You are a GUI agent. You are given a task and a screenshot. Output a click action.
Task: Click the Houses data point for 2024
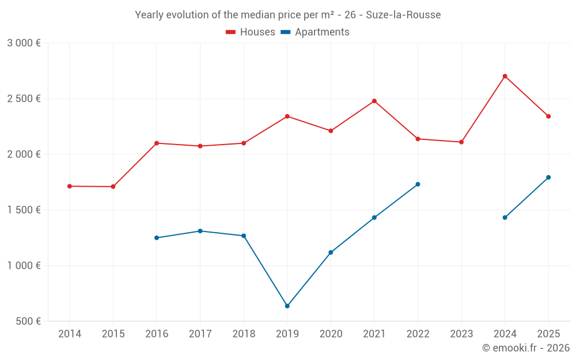click(x=505, y=76)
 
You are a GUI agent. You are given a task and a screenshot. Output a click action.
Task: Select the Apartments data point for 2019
click(x=287, y=306)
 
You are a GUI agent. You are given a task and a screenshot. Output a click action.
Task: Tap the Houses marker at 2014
click(x=69, y=186)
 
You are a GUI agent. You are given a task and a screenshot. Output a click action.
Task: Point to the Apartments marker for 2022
click(x=418, y=184)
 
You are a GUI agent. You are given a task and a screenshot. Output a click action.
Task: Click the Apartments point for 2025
click(x=548, y=177)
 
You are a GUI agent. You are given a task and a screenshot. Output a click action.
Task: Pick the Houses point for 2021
click(x=374, y=101)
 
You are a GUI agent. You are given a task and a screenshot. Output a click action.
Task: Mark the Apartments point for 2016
click(x=156, y=238)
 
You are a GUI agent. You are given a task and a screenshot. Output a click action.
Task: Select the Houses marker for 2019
click(x=287, y=116)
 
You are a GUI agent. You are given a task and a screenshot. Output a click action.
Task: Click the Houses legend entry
click(x=251, y=32)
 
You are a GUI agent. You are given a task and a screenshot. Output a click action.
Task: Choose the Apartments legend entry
click(x=315, y=32)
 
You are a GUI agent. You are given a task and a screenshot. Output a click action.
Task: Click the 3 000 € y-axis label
click(x=24, y=43)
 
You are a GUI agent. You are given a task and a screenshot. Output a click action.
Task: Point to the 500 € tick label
click(x=27, y=321)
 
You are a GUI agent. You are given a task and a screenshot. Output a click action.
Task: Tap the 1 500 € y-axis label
click(x=24, y=210)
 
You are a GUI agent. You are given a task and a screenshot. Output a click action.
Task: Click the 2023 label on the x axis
click(x=461, y=334)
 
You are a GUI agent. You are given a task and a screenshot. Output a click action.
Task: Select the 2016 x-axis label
click(x=156, y=334)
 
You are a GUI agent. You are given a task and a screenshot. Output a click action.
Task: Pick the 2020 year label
click(x=331, y=334)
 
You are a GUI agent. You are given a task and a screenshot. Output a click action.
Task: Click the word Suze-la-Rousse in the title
click(x=403, y=15)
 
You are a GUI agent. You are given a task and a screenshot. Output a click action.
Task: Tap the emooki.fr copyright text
click(x=525, y=348)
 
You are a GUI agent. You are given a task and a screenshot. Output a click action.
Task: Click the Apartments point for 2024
click(x=505, y=217)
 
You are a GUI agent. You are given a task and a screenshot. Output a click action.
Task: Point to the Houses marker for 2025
click(x=548, y=116)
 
